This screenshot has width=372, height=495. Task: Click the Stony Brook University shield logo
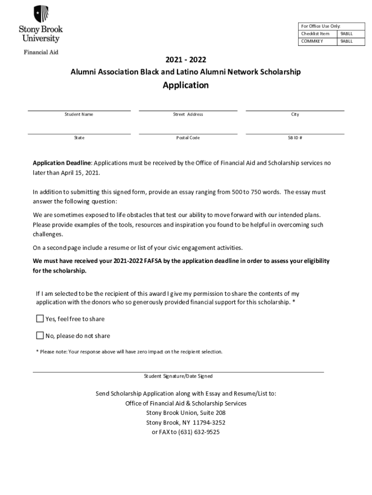pos(41,14)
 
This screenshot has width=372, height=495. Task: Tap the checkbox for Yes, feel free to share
pos(40,319)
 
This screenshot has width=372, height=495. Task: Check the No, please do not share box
pos(40,335)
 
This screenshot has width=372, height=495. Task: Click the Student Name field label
pos(79,115)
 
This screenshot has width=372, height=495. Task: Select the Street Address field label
pos(188,115)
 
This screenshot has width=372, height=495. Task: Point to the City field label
pos(295,115)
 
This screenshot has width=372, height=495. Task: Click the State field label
pos(79,138)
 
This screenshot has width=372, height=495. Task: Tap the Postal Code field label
pos(188,138)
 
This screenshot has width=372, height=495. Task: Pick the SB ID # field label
pos(295,138)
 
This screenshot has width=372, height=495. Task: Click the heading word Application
pos(186,86)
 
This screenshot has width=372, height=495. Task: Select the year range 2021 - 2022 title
pos(186,60)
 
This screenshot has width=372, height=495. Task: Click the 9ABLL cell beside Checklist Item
pos(346,34)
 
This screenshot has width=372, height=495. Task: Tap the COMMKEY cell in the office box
pos(312,42)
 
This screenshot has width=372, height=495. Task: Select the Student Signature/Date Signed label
pos(178,376)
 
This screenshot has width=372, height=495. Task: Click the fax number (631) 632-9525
pos(200,432)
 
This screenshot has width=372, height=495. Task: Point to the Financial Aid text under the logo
pos(41,52)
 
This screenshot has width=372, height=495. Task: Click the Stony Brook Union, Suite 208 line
pos(186,413)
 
